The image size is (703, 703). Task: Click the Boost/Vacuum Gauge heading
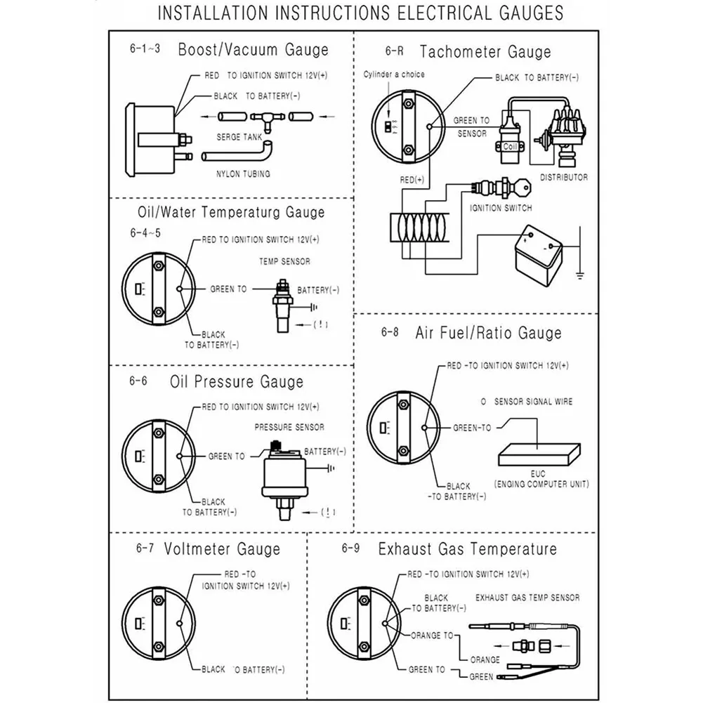point(253,50)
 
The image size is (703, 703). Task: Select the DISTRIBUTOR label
point(564,178)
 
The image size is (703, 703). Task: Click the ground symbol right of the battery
point(579,271)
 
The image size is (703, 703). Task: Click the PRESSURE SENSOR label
point(289,427)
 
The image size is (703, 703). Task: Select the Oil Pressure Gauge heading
point(237,382)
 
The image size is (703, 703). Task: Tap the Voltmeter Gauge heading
point(222,548)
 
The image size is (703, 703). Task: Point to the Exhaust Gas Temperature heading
point(467,548)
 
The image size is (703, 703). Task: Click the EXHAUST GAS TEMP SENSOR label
point(527,598)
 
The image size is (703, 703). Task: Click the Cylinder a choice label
point(394,74)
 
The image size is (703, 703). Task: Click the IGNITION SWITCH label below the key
point(501,208)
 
